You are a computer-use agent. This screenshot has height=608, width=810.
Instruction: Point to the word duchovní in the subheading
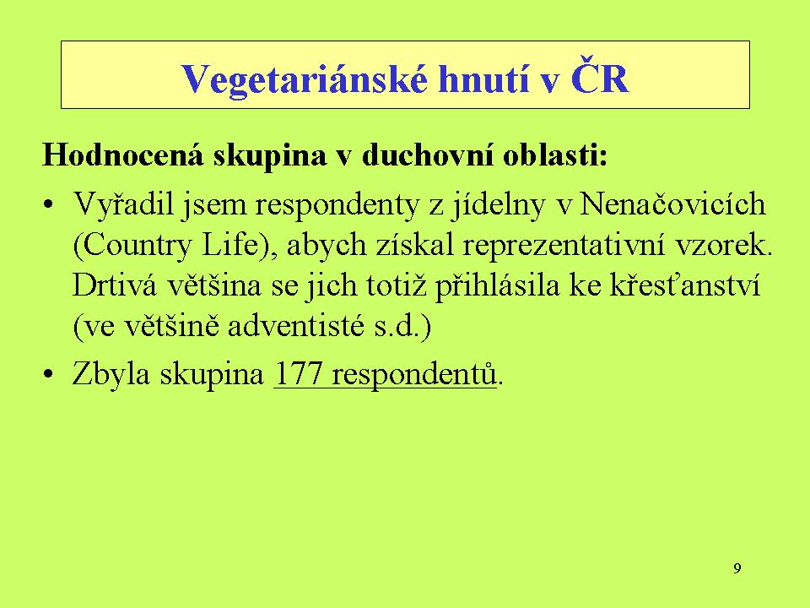point(427,154)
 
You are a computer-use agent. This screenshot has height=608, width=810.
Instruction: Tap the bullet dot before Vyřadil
point(49,204)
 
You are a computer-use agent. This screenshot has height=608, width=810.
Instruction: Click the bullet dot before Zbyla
point(49,374)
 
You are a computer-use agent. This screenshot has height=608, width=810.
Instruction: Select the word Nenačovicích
point(672,204)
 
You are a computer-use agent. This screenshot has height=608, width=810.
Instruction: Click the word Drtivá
point(114,285)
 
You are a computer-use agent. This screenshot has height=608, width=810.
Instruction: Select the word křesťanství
point(685,285)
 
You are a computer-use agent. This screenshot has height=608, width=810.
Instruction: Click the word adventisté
point(295,326)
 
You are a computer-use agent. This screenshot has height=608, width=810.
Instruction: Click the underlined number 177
point(298,373)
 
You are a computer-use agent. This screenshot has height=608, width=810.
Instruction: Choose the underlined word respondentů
point(414,374)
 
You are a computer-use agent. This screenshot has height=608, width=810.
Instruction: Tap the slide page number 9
point(737,568)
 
